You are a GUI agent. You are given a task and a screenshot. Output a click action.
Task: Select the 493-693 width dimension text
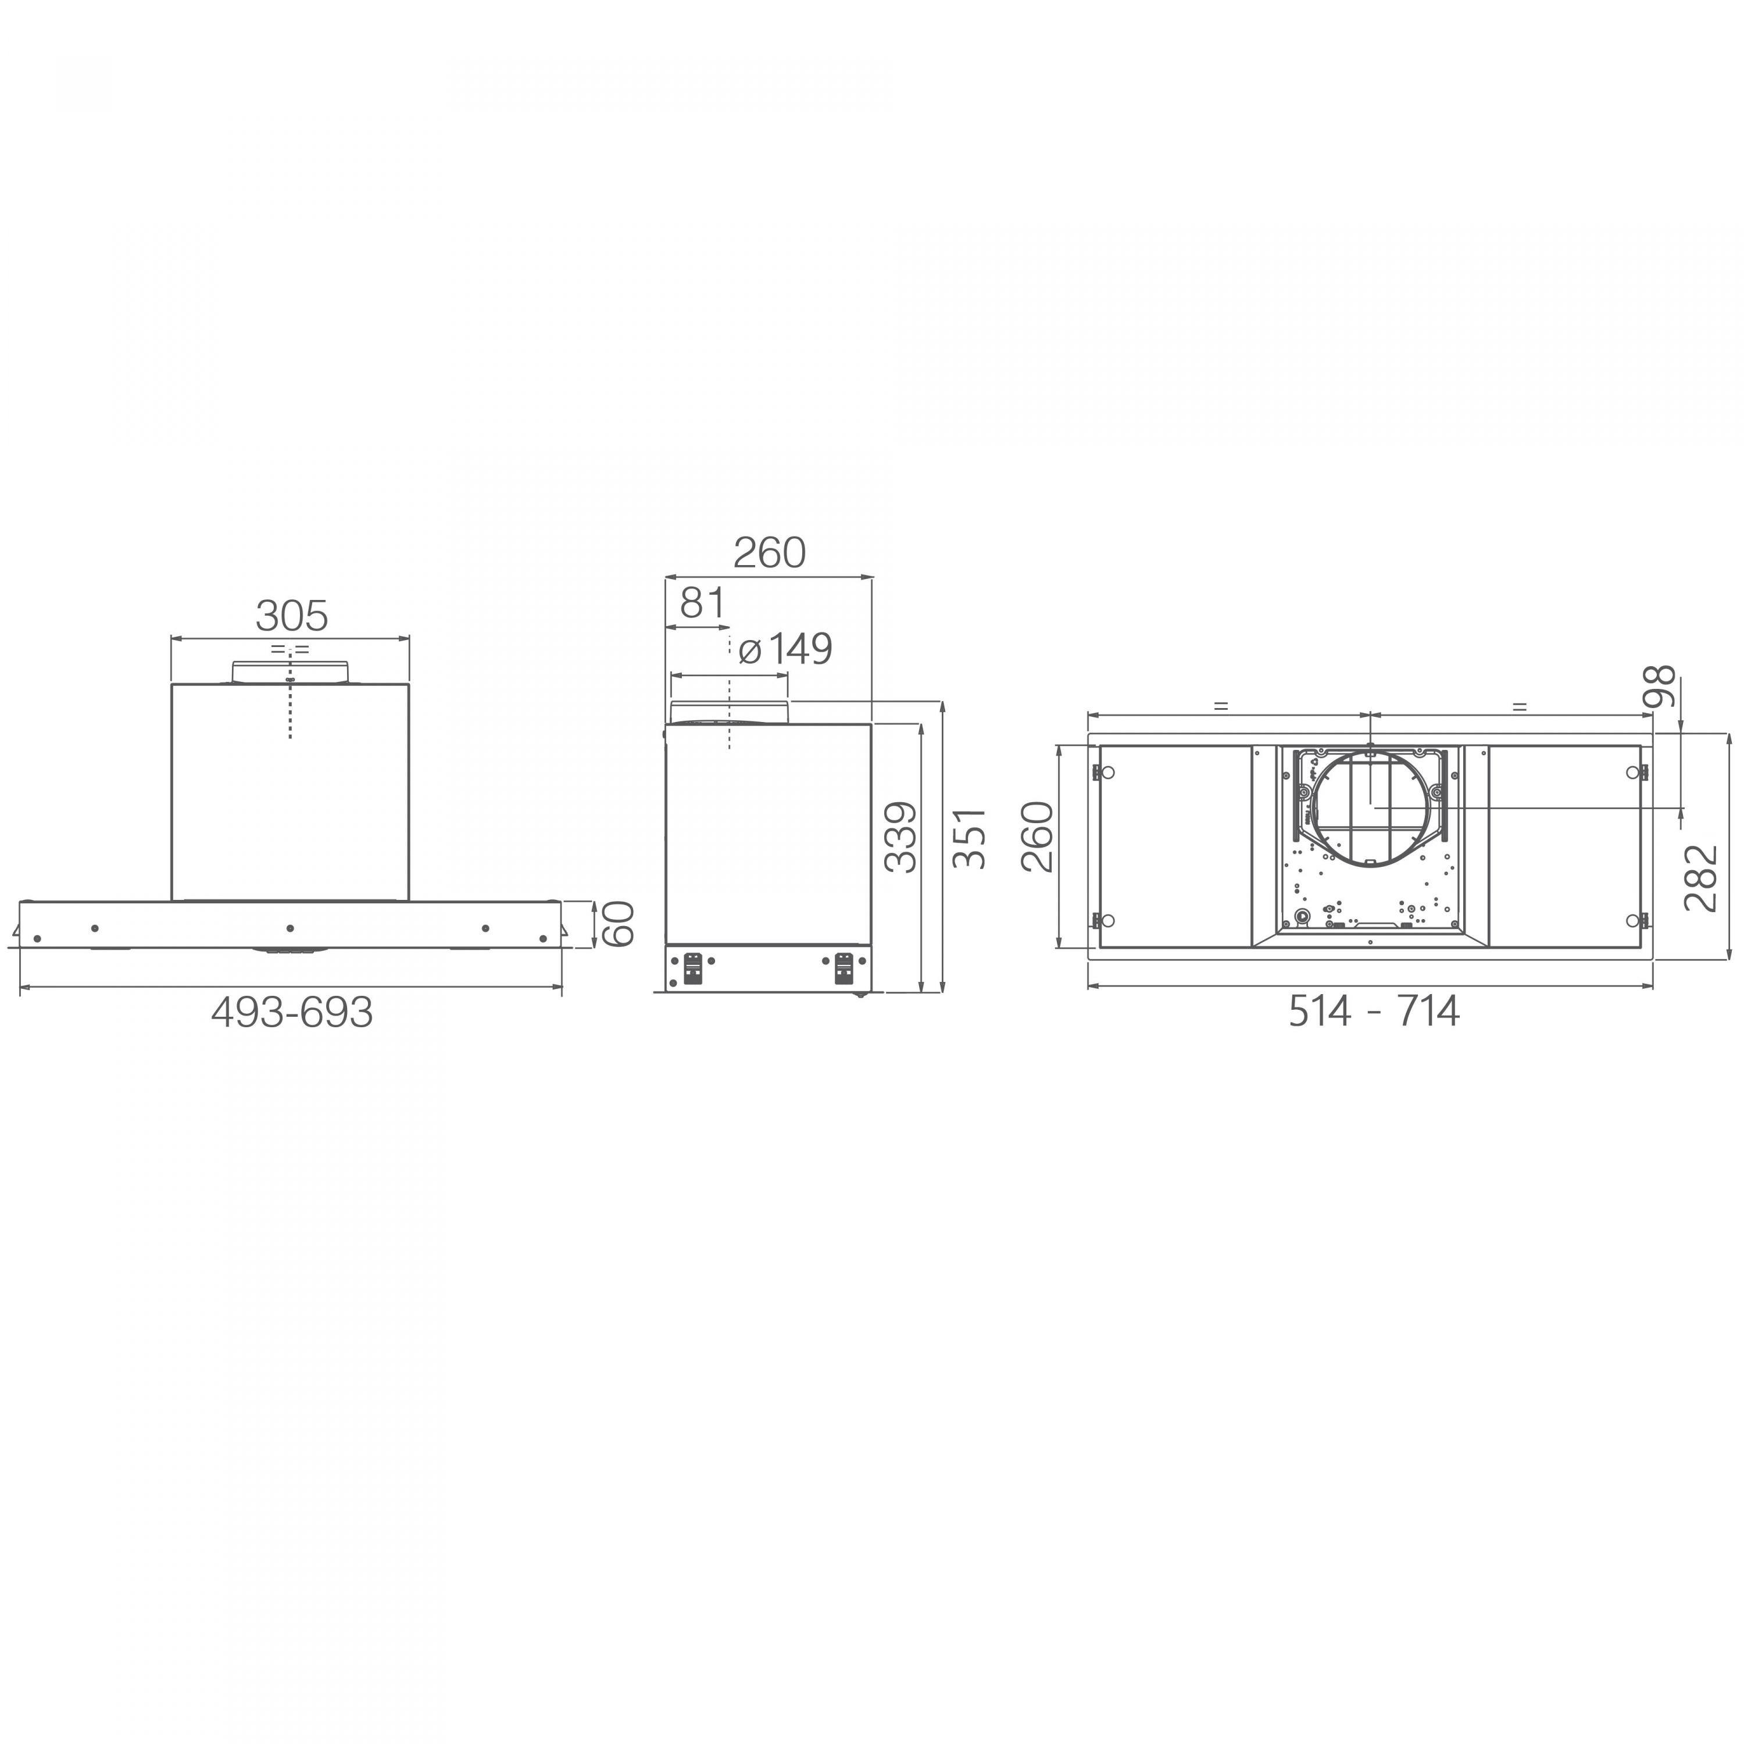[x=292, y=1013]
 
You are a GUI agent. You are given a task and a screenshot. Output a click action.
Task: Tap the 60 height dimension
[x=619, y=924]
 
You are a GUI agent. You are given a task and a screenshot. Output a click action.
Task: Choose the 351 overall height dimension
[x=970, y=839]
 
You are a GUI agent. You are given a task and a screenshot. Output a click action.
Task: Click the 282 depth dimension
[x=1702, y=878]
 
